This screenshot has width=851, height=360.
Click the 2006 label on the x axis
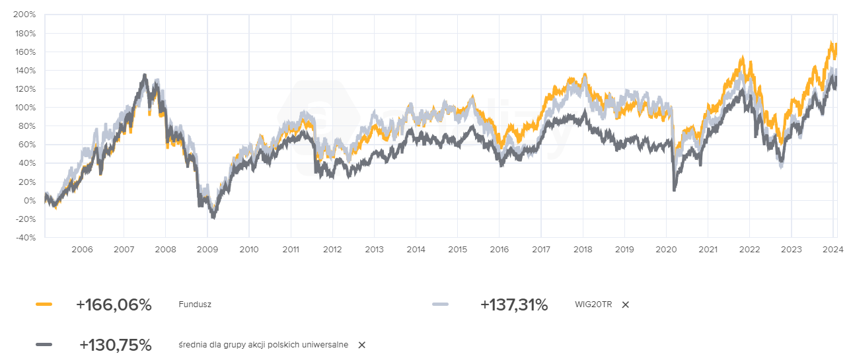(82, 249)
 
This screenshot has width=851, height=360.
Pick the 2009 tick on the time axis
(207, 249)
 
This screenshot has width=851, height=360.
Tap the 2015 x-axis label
(457, 249)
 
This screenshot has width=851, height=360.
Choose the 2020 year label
(666, 249)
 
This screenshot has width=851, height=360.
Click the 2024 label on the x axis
(833, 249)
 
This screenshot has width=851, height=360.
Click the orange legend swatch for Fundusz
(44, 305)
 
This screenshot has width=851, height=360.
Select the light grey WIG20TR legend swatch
(440, 305)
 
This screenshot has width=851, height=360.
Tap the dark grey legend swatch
(44, 345)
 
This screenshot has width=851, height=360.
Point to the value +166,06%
(114, 305)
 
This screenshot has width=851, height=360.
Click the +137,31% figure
(514, 305)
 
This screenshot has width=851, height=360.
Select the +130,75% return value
(115, 345)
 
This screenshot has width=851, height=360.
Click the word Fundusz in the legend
(195, 305)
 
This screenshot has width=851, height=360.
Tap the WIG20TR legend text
(594, 305)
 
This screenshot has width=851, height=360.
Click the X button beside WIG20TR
(626, 305)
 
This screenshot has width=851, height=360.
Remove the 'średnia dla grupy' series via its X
(361, 345)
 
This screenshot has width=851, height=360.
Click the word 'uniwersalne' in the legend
(325, 345)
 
